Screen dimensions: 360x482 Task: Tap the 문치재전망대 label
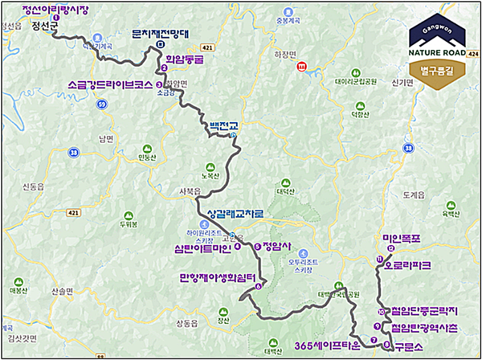point(160,35)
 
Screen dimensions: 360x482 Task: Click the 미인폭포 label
point(400,239)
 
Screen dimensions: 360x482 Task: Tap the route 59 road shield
point(101,104)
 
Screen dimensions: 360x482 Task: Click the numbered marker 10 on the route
point(378,311)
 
